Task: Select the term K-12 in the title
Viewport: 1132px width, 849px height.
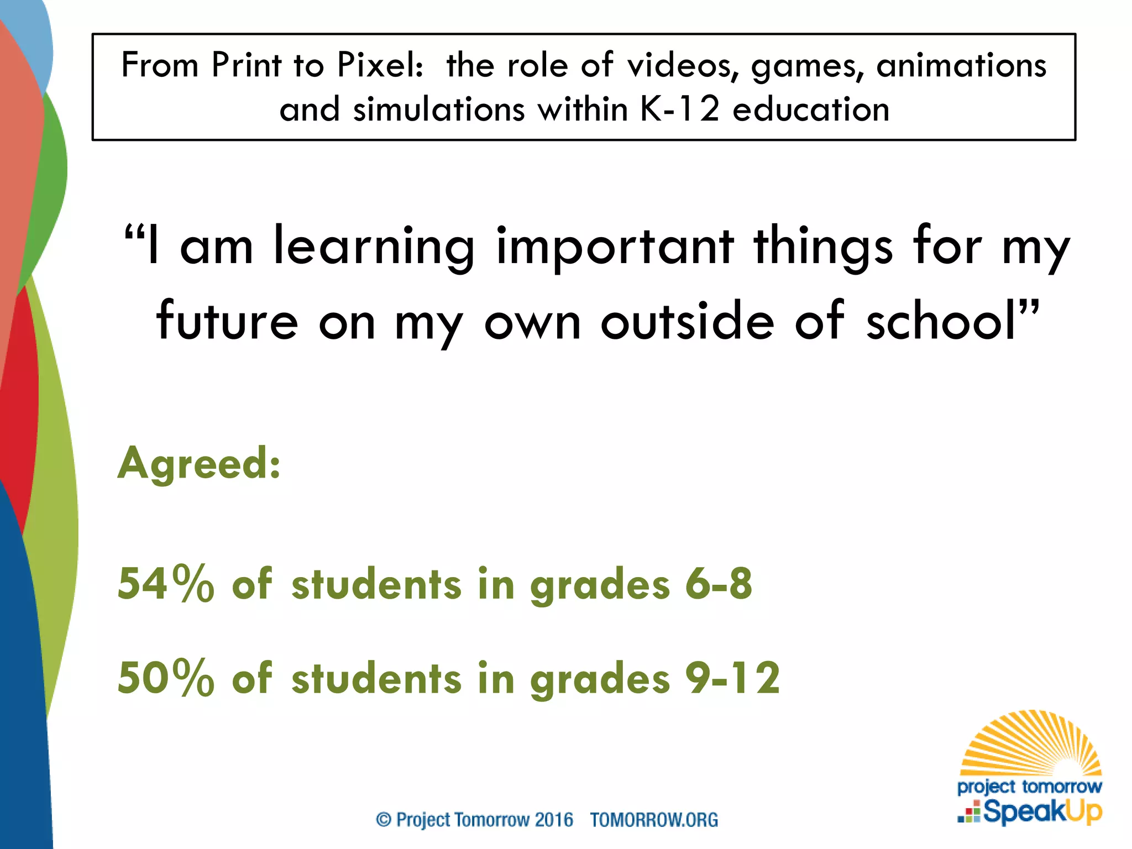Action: click(x=680, y=109)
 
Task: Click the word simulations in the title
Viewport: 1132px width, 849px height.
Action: click(x=439, y=109)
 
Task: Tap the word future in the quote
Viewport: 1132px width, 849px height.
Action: click(x=227, y=321)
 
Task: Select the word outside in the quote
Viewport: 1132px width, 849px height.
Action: click(x=687, y=321)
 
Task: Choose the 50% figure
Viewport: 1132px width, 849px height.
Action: click(x=165, y=678)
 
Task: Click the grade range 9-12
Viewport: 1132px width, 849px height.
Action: click(x=732, y=678)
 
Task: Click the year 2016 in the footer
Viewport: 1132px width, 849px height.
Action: click(x=553, y=819)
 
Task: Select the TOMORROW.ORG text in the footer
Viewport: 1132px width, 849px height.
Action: click(x=654, y=819)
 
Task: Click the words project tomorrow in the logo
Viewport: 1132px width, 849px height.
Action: click(x=1029, y=786)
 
